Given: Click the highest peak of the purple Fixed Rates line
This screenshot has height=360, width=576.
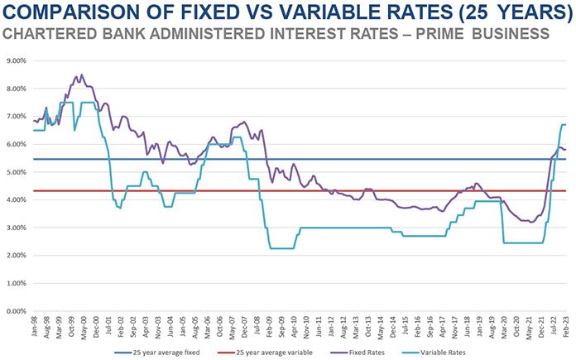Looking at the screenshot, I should click(x=80, y=74).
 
